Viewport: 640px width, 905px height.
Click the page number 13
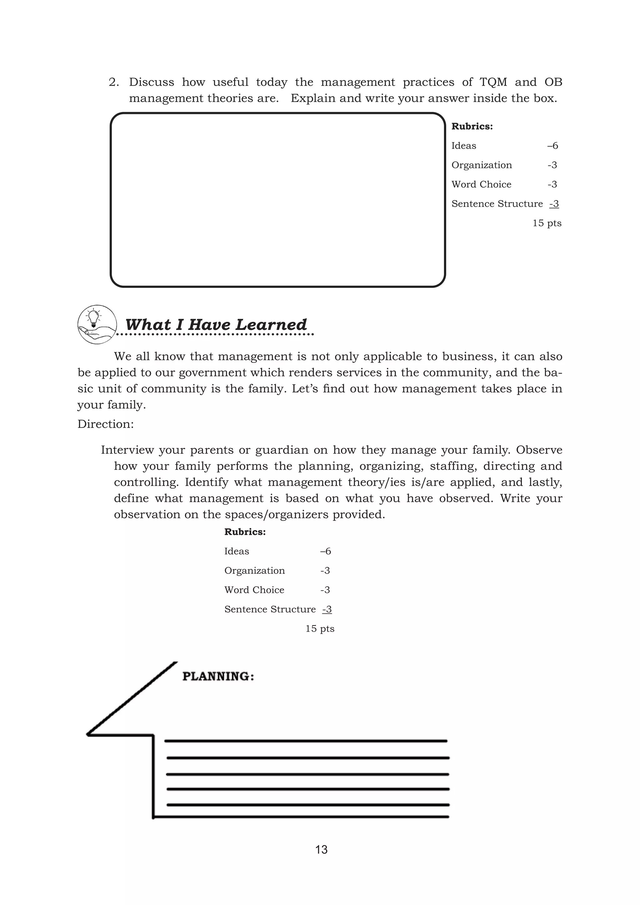tap(321, 849)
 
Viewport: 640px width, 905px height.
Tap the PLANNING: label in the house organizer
tap(218, 676)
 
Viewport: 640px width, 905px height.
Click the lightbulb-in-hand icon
tap(97, 324)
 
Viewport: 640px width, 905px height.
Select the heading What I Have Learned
tap(216, 324)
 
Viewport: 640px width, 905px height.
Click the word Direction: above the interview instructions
tap(106, 424)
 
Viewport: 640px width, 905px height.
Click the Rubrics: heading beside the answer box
tap(472, 127)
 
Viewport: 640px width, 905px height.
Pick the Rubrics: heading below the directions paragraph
tap(245, 532)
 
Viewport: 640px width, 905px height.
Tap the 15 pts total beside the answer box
tap(547, 223)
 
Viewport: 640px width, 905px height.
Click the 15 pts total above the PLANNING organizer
tap(320, 629)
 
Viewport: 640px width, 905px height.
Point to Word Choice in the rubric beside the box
tap(481, 184)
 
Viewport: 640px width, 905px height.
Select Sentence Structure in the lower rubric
tap(270, 609)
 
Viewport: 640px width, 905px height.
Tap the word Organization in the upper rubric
tap(482, 165)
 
